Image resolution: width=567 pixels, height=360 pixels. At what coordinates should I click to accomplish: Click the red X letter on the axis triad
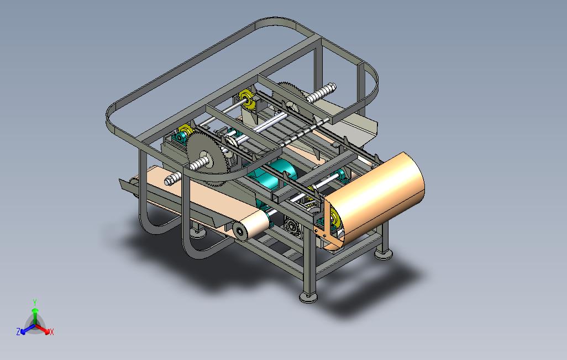point(52,332)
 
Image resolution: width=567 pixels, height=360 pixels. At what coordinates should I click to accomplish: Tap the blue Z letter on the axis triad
point(18,331)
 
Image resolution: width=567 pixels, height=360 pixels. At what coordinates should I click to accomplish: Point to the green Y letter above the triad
point(35,302)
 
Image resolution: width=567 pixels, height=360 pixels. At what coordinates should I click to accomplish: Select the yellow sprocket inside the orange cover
point(334,219)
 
